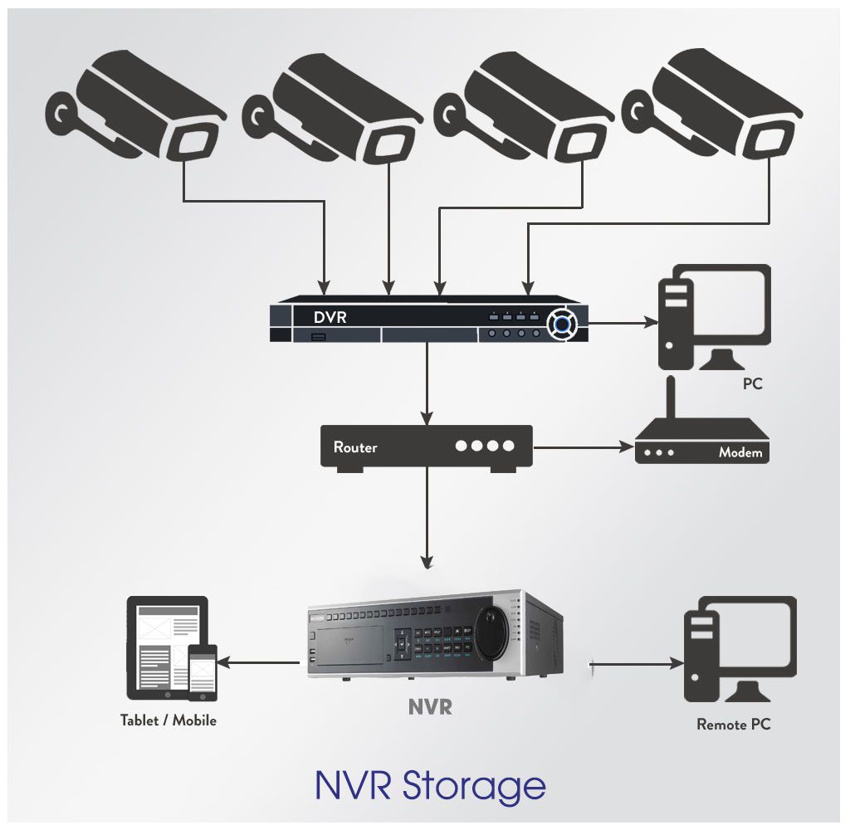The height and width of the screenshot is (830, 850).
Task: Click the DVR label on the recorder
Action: pos(330,317)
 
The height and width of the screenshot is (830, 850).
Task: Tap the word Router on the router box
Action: pos(355,447)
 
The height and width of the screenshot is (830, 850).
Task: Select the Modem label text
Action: pos(740,453)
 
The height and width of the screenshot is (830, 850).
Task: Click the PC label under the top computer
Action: pos(752,384)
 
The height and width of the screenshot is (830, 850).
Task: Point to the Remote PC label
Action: pos(733,725)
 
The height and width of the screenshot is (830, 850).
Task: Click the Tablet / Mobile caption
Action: pos(168,720)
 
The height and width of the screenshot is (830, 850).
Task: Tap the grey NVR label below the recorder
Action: pos(430,707)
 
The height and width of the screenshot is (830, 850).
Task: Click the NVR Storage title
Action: pos(430,784)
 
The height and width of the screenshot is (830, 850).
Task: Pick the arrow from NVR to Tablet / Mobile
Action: pos(263,662)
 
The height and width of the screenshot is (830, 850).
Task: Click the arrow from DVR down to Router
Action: pos(427,382)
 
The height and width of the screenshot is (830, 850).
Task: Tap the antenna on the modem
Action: pos(672,397)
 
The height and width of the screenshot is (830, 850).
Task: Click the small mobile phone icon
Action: pos(202,671)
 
